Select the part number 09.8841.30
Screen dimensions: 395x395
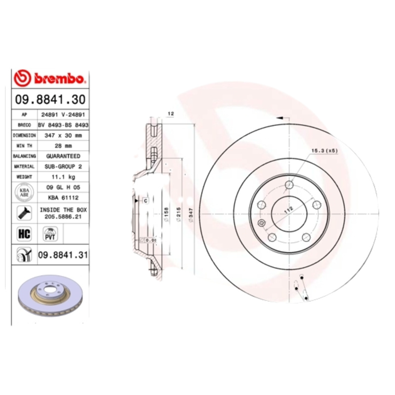pos(50,100)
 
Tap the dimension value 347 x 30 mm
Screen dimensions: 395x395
pos(63,135)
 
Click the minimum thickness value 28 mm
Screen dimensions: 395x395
pos(63,145)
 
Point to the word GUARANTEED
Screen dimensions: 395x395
pos(63,156)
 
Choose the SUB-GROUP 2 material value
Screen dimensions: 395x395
pos(63,166)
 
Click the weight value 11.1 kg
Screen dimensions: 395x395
pos(63,177)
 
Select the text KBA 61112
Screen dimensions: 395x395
pos(63,197)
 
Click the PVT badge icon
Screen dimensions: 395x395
pos(50,234)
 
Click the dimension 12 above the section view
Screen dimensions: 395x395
pos(170,114)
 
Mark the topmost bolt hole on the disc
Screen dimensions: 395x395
pos(290,185)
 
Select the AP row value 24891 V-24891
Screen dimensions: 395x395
pos(63,114)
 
